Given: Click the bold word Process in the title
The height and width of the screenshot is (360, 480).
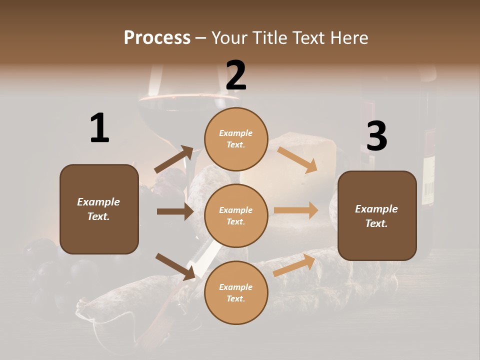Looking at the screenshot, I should pyautogui.click(x=157, y=37).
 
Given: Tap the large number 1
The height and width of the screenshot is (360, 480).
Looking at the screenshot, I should pyautogui.click(x=99, y=128).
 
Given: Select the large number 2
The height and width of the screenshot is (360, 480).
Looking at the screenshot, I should pyautogui.click(x=236, y=75).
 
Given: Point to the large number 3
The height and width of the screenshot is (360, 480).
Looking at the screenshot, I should pyautogui.click(x=376, y=136).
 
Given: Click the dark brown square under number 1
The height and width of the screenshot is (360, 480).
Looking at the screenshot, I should pyautogui.click(x=99, y=209).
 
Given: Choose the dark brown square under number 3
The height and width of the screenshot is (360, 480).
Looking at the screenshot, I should pyautogui.click(x=377, y=215).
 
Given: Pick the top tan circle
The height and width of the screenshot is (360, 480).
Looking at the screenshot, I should pyautogui.click(x=236, y=139).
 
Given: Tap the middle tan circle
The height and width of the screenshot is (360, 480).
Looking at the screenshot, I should pyautogui.click(x=236, y=215).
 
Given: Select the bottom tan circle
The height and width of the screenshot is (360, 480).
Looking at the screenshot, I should pyautogui.click(x=236, y=292).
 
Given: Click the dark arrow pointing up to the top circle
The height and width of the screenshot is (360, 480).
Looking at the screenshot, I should pyautogui.click(x=174, y=159).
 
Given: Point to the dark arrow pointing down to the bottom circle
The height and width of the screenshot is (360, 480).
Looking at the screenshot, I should pyautogui.click(x=175, y=266).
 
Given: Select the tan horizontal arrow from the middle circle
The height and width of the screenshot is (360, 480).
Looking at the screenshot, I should pyautogui.click(x=296, y=210).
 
